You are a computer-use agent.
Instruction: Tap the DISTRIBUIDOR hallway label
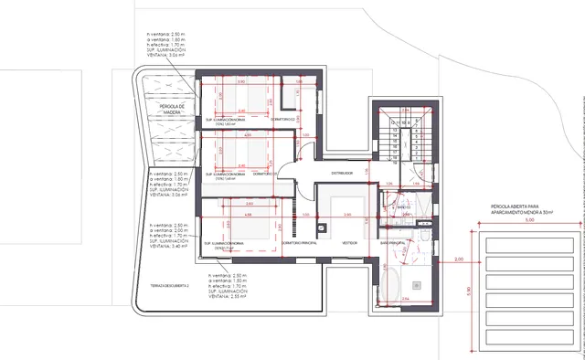click(341, 171)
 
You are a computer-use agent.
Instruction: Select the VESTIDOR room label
click(349, 243)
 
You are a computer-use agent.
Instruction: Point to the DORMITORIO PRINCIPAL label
click(294, 243)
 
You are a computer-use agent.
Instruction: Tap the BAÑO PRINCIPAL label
click(392, 243)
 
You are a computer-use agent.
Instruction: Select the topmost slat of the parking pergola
click(529, 244)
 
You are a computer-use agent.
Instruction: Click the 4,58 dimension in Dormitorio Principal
click(249, 215)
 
